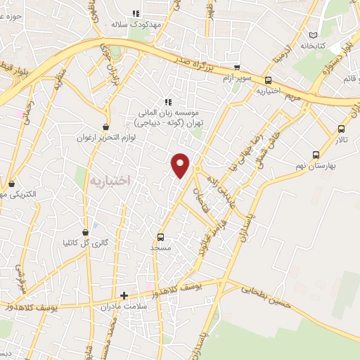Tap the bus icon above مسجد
[161, 237]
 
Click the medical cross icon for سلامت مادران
[124, 296]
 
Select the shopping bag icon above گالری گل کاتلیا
[85, 231]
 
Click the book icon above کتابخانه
[314, 35]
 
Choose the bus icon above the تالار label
[341, 129]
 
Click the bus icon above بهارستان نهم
[315, 155]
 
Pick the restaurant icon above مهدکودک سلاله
[136, 13]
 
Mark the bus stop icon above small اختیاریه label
[268, 80]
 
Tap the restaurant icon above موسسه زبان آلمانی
[167, 101]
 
